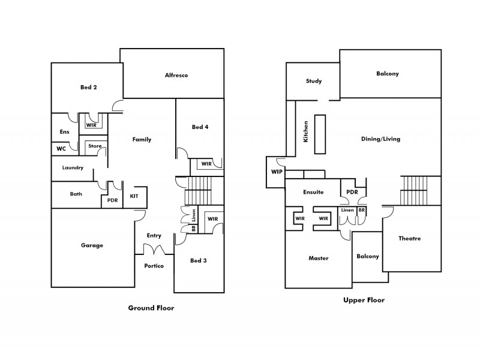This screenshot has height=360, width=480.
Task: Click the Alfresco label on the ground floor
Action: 177,75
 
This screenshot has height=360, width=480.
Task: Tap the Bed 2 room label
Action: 89,87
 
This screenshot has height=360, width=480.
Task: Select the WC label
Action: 61,148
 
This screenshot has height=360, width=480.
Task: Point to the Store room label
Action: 95,146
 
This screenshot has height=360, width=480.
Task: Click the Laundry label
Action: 72,168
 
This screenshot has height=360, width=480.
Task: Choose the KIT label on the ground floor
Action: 134,196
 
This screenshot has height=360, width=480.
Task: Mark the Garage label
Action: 92,245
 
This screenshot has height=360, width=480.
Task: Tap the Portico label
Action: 154,266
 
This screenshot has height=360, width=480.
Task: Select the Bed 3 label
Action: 199,260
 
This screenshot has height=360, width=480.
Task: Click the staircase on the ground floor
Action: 198,190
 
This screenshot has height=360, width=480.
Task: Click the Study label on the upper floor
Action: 314,81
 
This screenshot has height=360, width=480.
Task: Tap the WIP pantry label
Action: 277,172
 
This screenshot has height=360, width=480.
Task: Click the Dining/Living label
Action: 380,139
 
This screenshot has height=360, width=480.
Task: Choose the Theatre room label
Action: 410,238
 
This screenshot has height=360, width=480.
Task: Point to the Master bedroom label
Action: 318,258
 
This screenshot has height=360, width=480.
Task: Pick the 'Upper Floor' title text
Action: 364,300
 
